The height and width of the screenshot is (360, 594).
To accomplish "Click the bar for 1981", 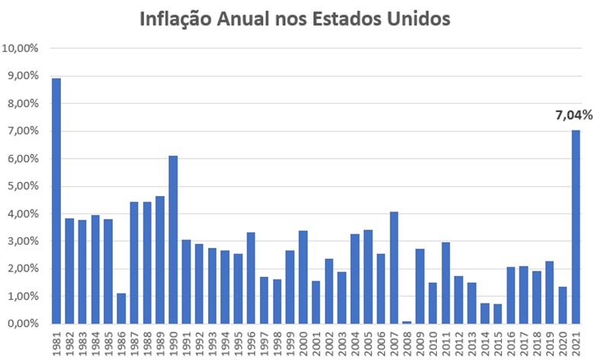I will pyautogui.click(x=56, y=201).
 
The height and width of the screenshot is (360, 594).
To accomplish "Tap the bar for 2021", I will pyautogui.click(x=576, y=227).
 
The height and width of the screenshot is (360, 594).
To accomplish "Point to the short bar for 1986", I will pyautogui.click(x=121, y=308).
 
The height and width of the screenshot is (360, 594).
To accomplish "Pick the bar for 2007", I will pyautogui.click(x=393, y=267).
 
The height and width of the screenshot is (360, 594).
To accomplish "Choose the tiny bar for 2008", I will pyautogui.click(x=406, y=322).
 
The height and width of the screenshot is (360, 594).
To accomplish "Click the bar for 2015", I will pyautogui.click(x=498, y=313).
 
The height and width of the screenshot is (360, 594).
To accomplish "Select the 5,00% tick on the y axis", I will pyautogui.click(x=24, y=186).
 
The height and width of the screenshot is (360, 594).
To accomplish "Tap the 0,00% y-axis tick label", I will pyautogui.click(x=24, y=323).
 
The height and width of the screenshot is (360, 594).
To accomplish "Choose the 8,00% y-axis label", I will pyautogui.click(x=24, y=103).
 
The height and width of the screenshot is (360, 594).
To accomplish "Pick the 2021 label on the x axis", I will pyautogui.click(x=576, y=342).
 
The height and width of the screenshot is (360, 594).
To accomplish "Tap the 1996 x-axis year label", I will pyautogui.click(x=252, y=342).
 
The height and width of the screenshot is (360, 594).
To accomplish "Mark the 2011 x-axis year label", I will pyautogui.click(x=446, y=342).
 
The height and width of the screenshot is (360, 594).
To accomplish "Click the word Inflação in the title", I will pyautogui.click(x=181, y=18).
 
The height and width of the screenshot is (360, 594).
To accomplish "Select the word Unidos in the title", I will pyautogui.click(x=419, y=18).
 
